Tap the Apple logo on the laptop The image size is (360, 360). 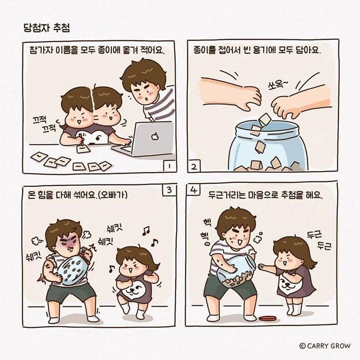154,137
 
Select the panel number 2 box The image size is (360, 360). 194,167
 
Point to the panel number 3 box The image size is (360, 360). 169,190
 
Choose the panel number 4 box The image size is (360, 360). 193,190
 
